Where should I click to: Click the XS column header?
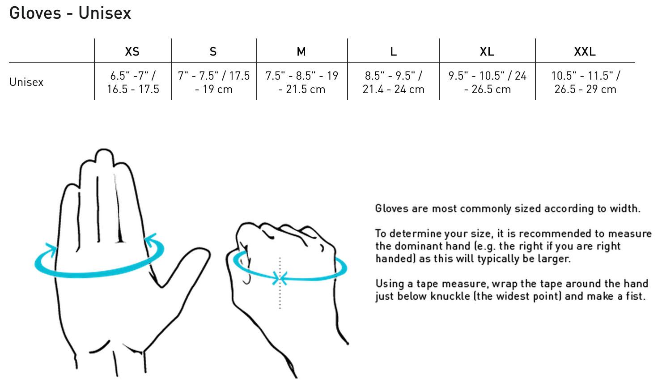[132, 52]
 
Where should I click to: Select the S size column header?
[213, 52]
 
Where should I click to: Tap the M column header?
[301, 52]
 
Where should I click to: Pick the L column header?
[393, 52]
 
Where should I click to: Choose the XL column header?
[487, 52]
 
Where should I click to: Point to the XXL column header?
[585, 52]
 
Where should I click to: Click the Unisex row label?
[26, 82]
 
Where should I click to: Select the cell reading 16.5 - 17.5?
[133, 82]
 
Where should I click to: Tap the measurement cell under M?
[302, 82]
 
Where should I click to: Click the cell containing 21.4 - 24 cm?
[393, 82]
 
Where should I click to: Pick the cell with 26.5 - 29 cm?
[585, 82]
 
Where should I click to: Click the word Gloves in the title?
[35, 13]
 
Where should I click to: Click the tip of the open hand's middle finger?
[104, 150]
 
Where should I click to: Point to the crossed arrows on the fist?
[280, 278]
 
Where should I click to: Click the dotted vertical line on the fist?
[280, 283]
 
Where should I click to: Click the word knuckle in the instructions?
[450, 296]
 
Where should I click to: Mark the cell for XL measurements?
[488, 82]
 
